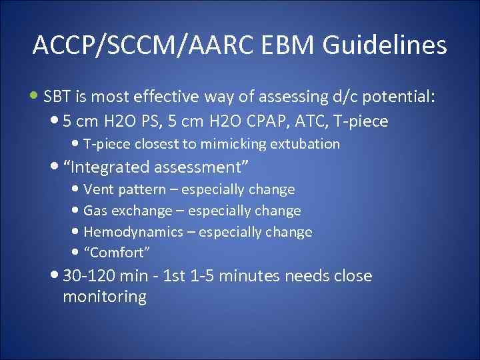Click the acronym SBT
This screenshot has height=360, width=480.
57,98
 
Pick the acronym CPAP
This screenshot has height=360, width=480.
260,121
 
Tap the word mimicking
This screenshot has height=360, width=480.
239,144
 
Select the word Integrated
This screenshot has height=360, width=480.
113,167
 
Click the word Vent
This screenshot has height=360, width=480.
99,189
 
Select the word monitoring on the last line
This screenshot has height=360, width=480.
104,297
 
